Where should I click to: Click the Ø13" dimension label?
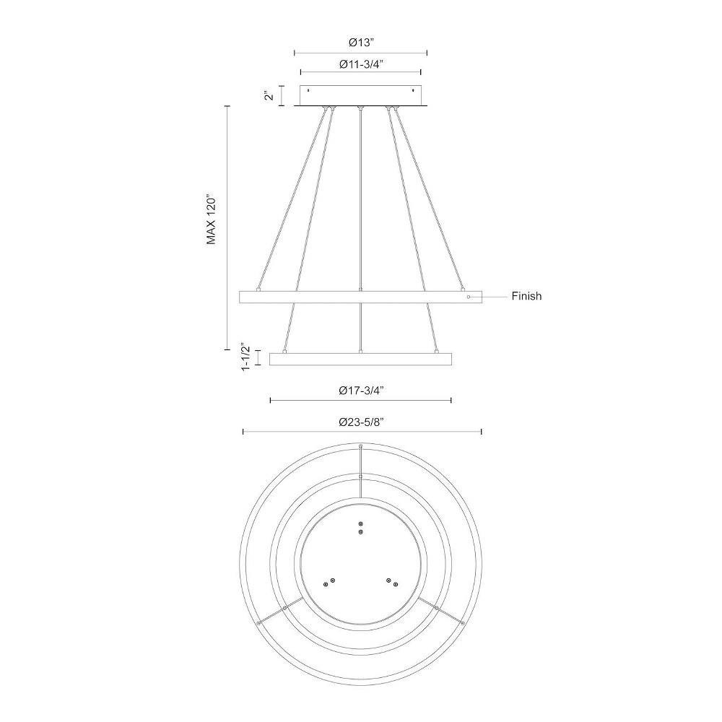point(361,43)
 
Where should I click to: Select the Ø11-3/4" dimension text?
point(362,64)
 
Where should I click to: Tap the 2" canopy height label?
point(269,96)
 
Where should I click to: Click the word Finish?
point(526,296)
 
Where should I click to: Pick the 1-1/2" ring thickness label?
point(245,357)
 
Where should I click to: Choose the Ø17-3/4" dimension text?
point(362,391)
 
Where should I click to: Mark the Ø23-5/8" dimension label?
point(362,422)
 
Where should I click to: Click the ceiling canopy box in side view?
point(360,95)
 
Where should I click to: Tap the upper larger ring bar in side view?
point(360,297)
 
